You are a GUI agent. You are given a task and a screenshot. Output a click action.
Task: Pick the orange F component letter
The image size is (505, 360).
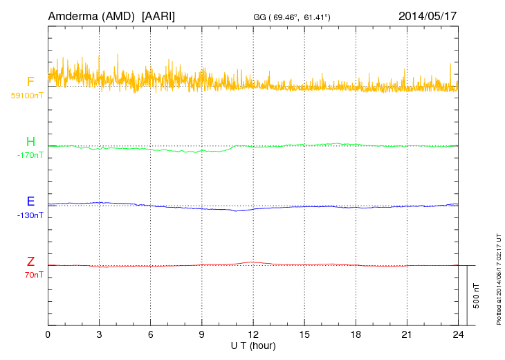pos(30,82)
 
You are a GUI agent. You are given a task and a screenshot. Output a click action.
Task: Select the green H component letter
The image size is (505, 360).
pos(30,143)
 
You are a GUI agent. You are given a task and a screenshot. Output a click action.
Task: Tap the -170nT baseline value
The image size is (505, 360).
pos(30,155)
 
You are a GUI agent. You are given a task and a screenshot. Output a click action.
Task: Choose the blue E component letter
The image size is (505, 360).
pos(30,202)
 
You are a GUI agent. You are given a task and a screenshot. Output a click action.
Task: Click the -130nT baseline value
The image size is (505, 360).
pos(30,215)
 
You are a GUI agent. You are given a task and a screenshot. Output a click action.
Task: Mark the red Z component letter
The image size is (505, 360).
pos(30,262)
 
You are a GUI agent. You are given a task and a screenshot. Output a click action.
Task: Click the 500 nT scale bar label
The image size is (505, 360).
pos(477,296)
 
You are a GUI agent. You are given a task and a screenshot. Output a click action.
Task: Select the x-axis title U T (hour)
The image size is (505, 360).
pos(253,345)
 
